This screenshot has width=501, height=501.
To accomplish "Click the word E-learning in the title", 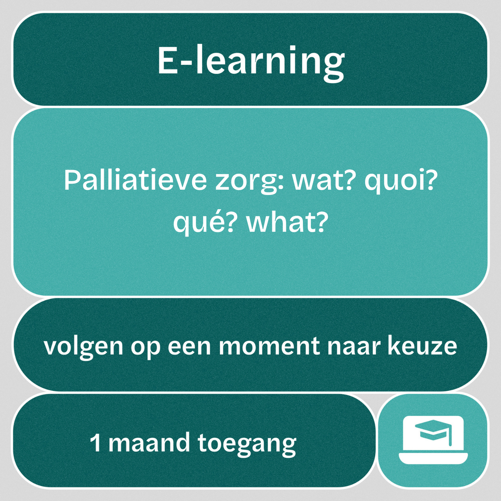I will pos(251,61).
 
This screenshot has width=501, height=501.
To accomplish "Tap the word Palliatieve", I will pos(135,181).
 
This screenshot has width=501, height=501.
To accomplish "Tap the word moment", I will pos(269,346).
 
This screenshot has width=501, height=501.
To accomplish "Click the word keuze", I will pos(422,346).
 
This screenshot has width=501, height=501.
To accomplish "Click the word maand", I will pos(149,443).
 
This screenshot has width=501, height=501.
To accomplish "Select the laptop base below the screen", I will pos(433,458).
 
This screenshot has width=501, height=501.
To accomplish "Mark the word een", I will pos(189,346).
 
